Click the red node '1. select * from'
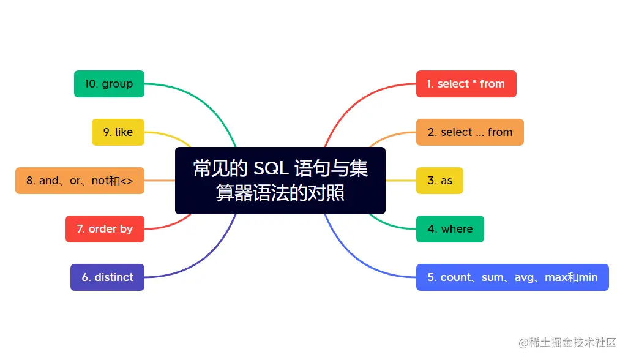[466, 84]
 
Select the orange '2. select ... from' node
[469, 132]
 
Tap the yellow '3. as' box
[439, 181]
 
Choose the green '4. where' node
[450, 229]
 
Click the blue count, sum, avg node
[512, 277]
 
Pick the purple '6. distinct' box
[107, 277]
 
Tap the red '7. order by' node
[105, 229]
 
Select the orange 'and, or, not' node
[80, 181]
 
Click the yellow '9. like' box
[118, 132]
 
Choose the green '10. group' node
[109, 84]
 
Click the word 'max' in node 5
[556, 277]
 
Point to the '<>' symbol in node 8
[127, 181]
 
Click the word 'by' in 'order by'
[126, 230]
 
